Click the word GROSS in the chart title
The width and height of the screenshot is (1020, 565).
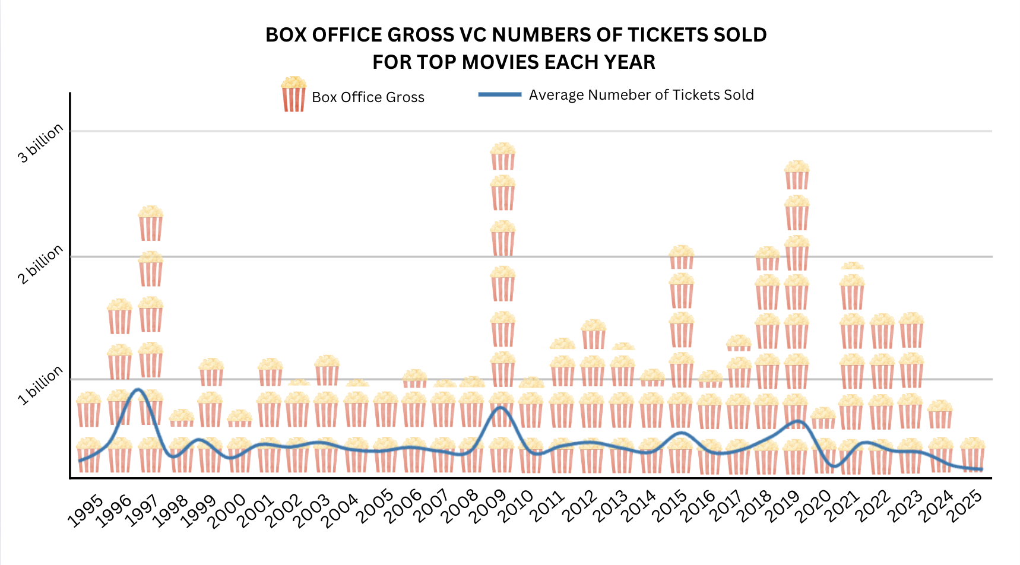click(x=421, y=35)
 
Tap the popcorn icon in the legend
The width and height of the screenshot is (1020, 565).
click(x=293, y=94)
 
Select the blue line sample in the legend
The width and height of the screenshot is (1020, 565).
click(x=500, y=94)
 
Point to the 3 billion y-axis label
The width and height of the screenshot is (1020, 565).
click(x=40, y=143)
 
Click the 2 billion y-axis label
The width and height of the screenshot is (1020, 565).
click(x=40, y=265)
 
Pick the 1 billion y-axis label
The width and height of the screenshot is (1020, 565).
click(x=40, y=386)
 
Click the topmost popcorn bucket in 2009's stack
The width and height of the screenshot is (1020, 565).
click(x=503, y=156)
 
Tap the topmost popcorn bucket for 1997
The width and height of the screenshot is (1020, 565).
click(x=150, y=223)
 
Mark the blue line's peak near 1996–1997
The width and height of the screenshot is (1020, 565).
click(x=138, y=389)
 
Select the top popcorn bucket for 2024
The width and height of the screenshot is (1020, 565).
click(x=940, y=414)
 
